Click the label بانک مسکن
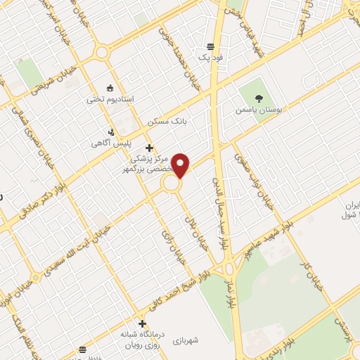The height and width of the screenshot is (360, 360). tap(169, 122)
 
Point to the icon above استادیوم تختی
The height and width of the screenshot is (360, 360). tap(109, 87)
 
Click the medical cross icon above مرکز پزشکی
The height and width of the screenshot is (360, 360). tap(148, 148)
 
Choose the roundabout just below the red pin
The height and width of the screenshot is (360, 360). tap(171, 184)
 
